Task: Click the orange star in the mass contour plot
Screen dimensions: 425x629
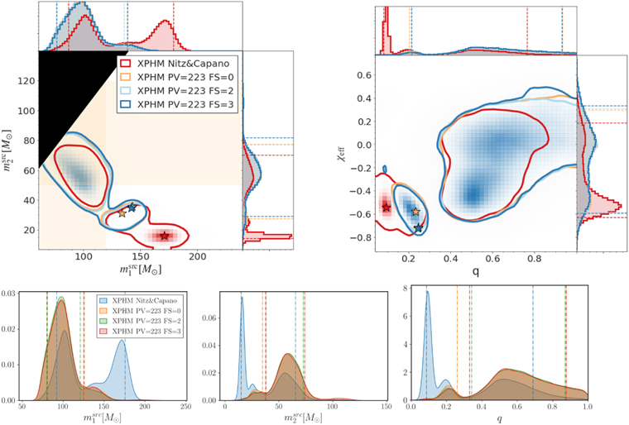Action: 122,213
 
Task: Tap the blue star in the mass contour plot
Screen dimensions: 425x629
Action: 132,207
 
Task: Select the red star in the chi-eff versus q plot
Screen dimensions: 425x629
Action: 387,208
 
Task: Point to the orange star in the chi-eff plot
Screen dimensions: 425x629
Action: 415,212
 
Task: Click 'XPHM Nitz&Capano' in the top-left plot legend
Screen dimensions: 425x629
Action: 179,60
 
